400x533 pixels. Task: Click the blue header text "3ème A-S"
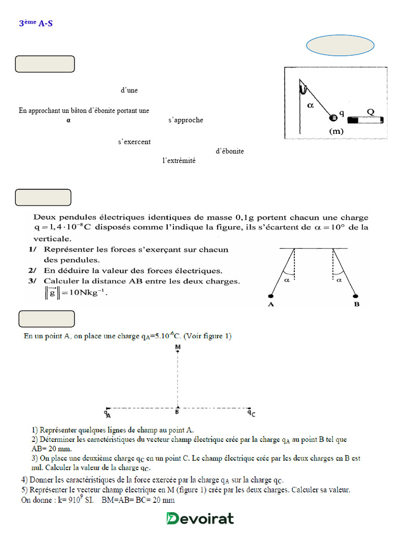35,23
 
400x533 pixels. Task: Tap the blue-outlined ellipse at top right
340,46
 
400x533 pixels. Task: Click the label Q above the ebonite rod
370,111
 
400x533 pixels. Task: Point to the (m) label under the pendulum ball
336,131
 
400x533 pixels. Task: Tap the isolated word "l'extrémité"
179,161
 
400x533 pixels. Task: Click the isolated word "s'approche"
185,120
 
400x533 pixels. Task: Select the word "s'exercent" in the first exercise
134,141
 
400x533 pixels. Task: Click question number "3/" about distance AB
33,281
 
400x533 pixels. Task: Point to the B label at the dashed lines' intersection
177,412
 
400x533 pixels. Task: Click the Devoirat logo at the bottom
200,518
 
